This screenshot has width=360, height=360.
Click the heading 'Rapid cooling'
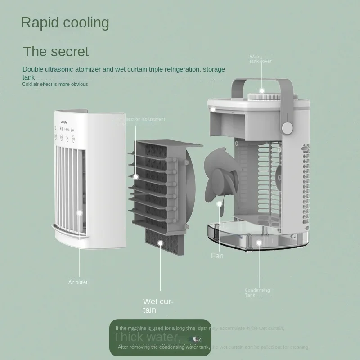click(65, 22)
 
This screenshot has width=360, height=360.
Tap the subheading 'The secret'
click(56, 51)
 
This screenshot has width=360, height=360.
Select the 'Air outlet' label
click(78, 282)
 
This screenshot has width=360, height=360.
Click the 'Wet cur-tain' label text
click(158, 306)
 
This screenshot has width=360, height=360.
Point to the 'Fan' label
click(217, 256)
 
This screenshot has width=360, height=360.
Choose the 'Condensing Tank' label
click(257, 292)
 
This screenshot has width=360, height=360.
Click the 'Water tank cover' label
click(261, 59)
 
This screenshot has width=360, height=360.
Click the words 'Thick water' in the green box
click(146, 337)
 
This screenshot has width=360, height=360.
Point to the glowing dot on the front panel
click(79, 213)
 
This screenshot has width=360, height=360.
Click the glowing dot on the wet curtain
click(160, 243)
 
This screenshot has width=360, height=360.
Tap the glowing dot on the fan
click(220, 204)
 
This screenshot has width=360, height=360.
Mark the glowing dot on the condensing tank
click(259, 243)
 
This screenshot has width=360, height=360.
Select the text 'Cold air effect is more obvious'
click(55, 84)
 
